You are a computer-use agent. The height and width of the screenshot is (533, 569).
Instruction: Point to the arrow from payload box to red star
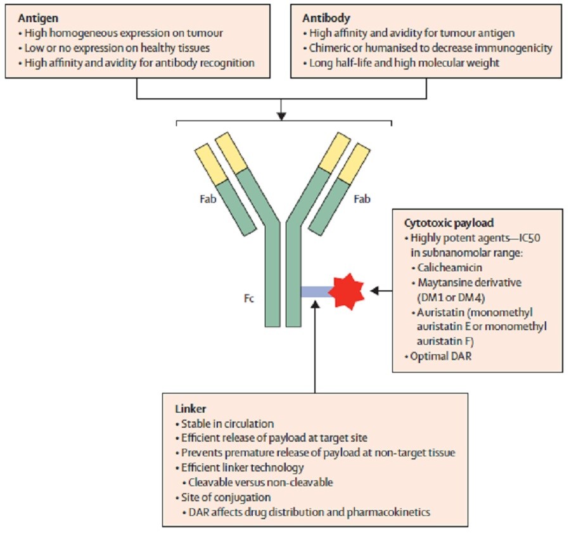tap(381, 291)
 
